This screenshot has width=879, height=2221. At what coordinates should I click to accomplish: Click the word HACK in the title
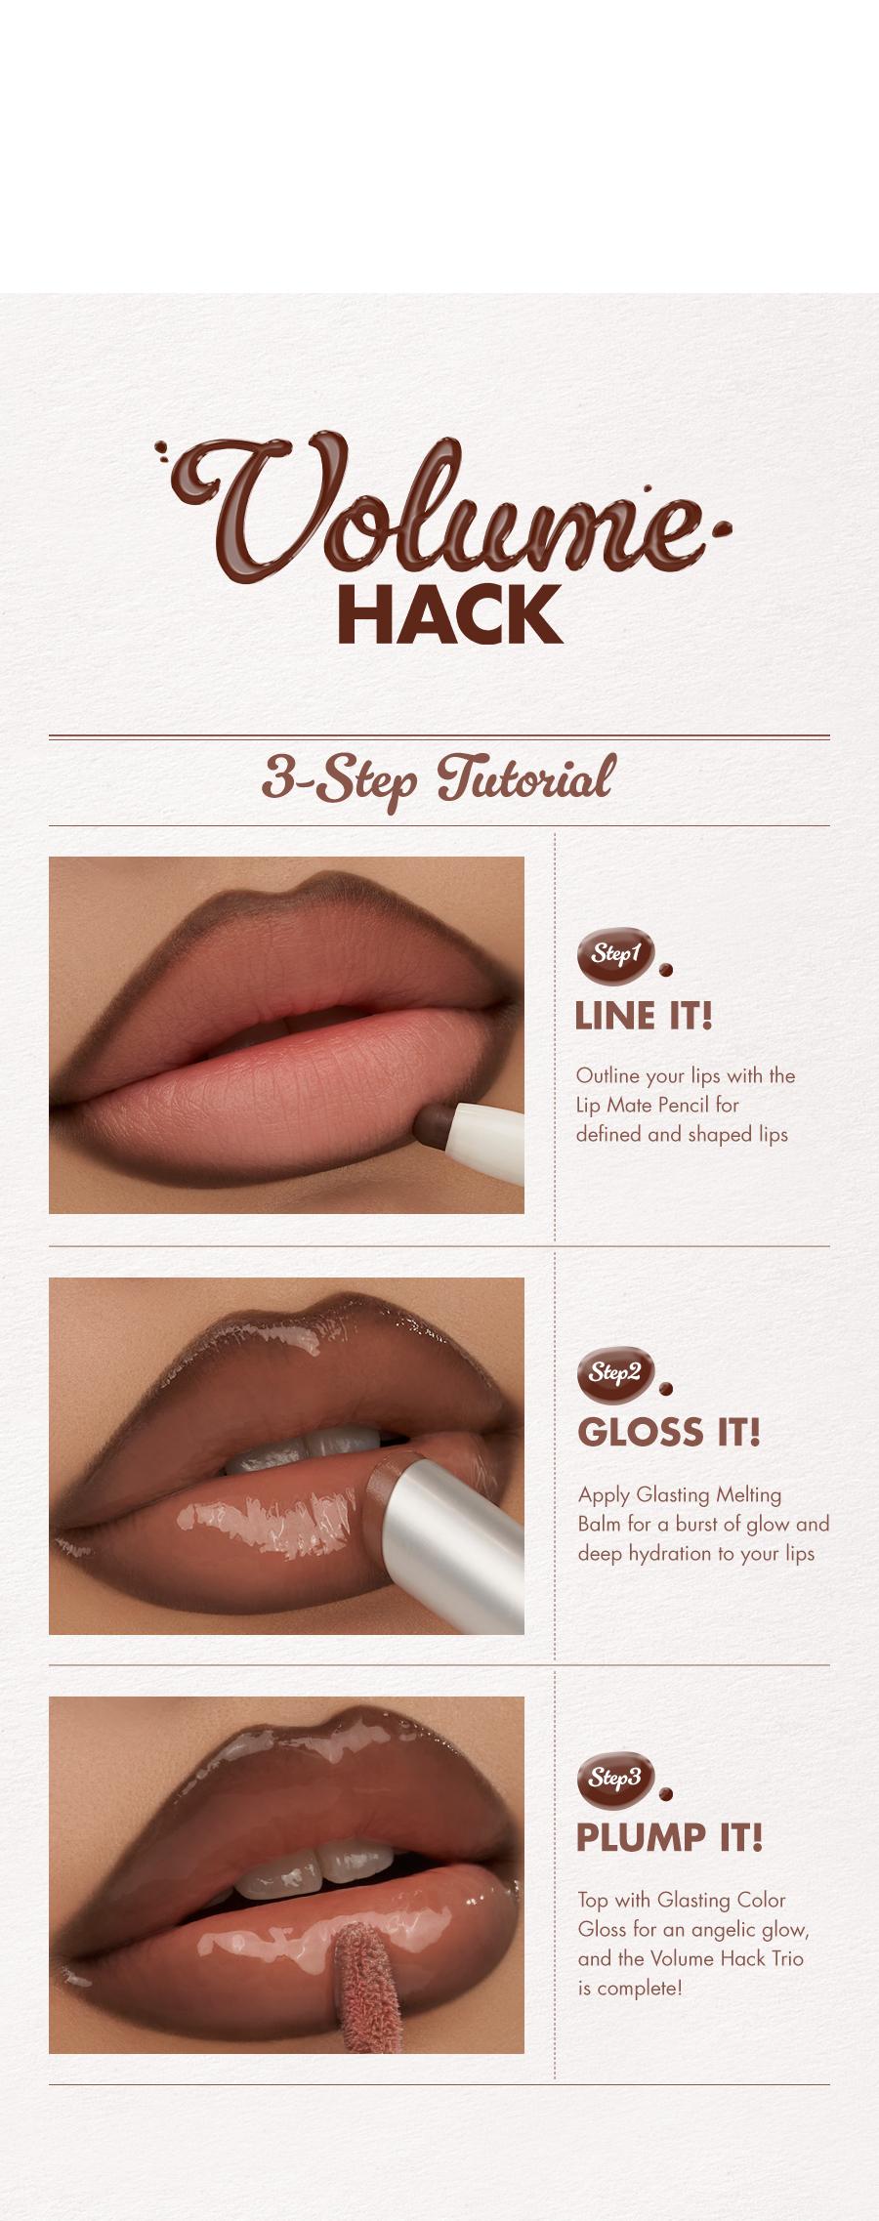[x=449, y=615]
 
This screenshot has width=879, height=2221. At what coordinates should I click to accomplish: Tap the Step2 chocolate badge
[x=615, y=1373]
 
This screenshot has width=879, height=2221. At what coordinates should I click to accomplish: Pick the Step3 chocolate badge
[x=615, y=1779]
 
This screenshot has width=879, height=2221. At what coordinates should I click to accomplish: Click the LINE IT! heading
[x=644, y=1017]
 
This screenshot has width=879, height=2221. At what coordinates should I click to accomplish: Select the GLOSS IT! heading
[x=669, y=1433]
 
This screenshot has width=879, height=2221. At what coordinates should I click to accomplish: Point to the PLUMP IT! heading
[x=669, y=1838]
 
